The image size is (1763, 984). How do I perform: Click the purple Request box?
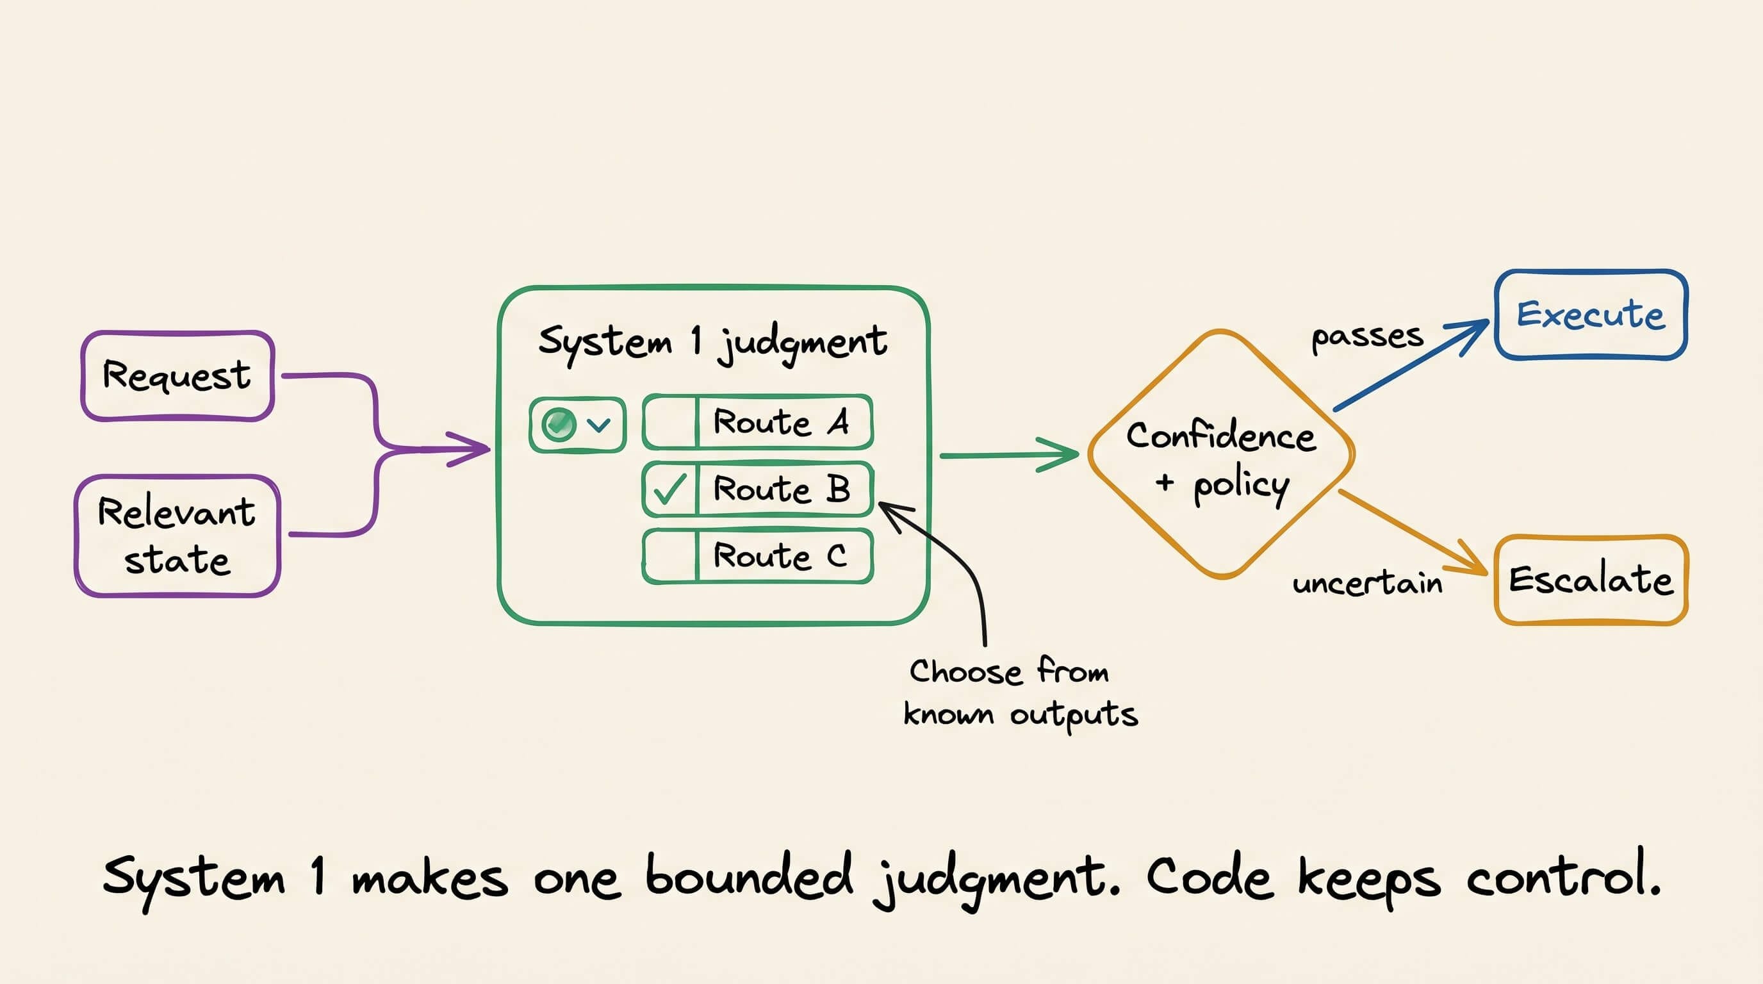(x=178, y=375)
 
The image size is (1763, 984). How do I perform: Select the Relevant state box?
(x=177, y=536)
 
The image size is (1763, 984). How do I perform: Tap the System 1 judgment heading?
(x=712, y=343)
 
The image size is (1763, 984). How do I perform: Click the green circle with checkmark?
(x=559, y=424)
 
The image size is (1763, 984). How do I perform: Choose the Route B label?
(x=782, y=489)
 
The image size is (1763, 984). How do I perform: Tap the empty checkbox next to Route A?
(x=669, y=422)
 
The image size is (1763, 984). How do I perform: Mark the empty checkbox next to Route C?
(x=669, y=555)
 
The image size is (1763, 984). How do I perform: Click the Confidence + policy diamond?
(x=1221, y=454)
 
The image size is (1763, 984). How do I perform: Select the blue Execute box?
(x=1591, y=315)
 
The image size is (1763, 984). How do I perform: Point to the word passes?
(x=1366, y=338)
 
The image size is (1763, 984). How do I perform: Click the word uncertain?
(x=1366, y=583)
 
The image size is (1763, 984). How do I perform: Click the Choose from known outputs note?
(x=1020, y=693)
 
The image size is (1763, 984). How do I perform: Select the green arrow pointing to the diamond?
(x=1010, y=454)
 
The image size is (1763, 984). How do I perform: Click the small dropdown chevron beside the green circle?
(x=599, y=425)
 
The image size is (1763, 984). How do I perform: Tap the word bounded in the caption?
(x=750, y=875)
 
